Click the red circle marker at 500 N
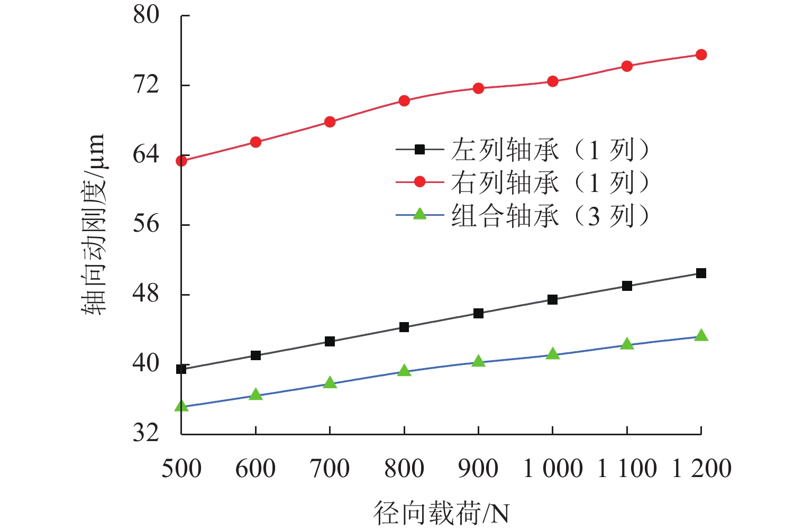[x=181, y=161]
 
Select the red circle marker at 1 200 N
[x=701, y=55]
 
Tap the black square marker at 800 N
[x=404, y=327]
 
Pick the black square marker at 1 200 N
[x=701, y=273]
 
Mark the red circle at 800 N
[x=404, y=101]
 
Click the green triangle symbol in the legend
[x=419, y=214]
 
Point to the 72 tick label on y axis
[x=146, y=85]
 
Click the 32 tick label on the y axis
[x=146, y=433]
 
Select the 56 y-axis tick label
[x=146, y=224]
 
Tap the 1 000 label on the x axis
[x=552, y=469]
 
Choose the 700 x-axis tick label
[x=330, y=469]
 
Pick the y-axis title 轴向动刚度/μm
[x=93, y=224]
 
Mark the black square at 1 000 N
[x=552, y=300]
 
